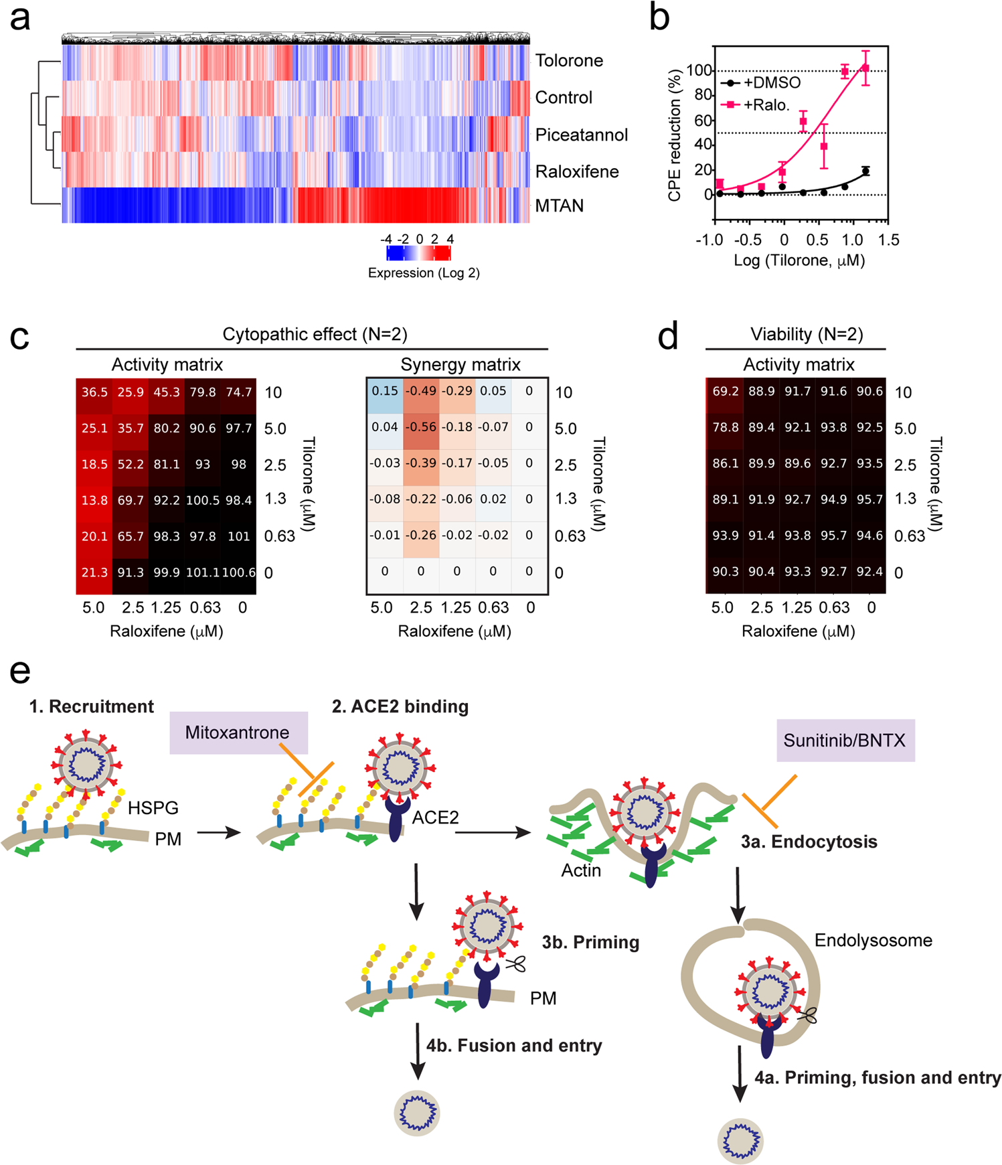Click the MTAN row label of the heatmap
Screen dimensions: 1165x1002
click(559, 206)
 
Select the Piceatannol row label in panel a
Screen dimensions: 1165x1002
click(581, 135)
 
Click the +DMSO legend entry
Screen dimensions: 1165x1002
click(763, 83)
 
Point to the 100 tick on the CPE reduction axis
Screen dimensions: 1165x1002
click(699, 70)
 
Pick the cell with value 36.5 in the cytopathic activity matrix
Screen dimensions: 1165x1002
click(94, 392)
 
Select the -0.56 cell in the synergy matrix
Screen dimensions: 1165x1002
click(420, 427)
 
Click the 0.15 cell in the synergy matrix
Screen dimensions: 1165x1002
click(385, 391)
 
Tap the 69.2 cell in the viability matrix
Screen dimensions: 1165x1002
click(725, 391)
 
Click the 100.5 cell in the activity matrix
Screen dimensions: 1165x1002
click(203, 500)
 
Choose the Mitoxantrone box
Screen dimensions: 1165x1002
click(238, 732)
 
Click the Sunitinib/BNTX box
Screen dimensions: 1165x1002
click(845, 741)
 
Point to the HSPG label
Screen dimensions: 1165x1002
click(153, 807)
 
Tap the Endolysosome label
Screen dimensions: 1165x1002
click(873, 940)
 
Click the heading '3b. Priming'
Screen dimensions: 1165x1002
click(590, 942)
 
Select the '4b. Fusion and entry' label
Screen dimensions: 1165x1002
click(514, 1045)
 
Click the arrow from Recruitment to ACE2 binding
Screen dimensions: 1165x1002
click(219, 833)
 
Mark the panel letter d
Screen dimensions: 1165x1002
click(668, 336)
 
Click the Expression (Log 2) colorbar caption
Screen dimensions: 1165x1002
click(424, 273)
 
